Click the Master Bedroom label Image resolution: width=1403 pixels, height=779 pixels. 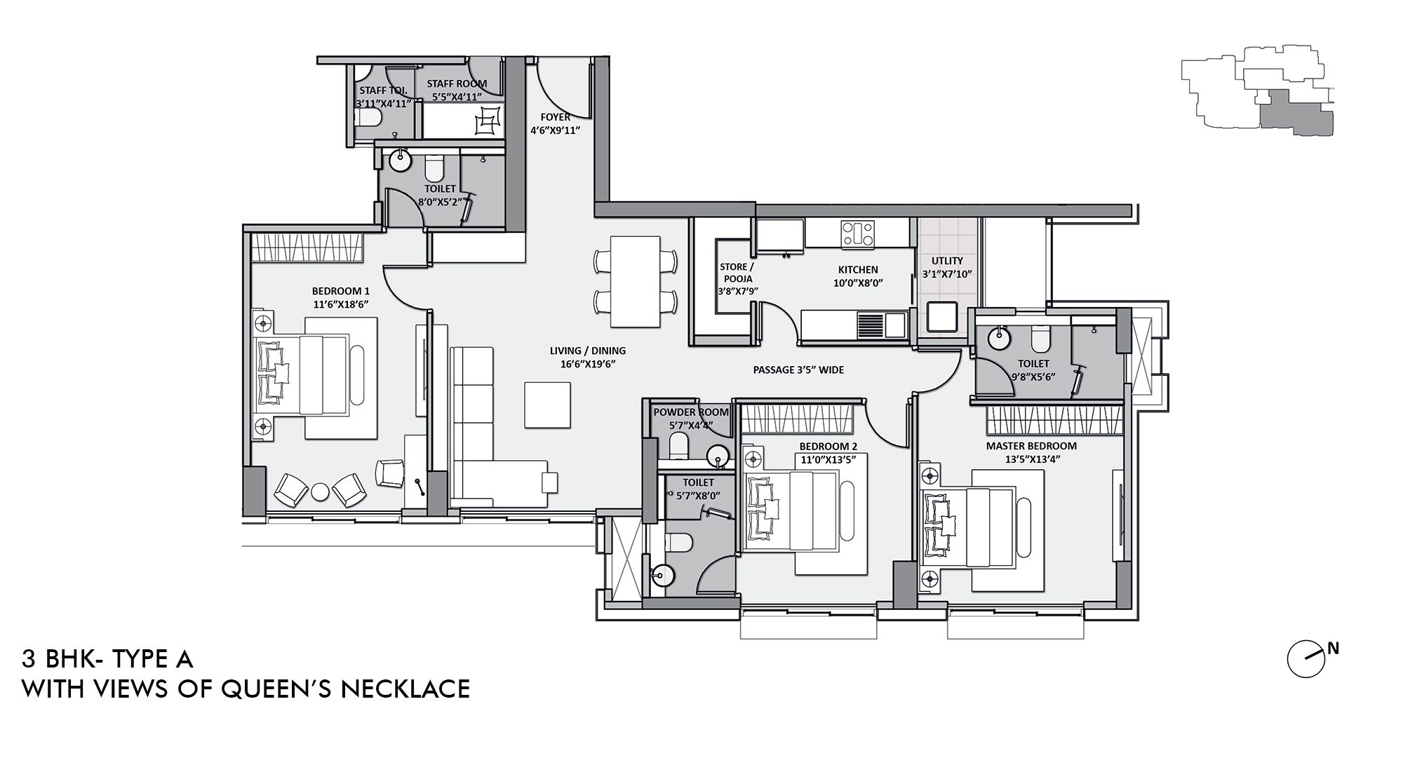1031,446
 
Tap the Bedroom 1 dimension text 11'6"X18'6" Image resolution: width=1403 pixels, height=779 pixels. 340,304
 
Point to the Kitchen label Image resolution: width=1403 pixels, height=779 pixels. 857,270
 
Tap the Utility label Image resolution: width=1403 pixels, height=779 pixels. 947,261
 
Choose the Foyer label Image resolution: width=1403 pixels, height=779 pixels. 555,117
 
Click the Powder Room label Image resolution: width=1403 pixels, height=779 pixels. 690,412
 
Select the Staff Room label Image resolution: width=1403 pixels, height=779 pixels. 457,83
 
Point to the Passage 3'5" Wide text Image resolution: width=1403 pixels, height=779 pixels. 798,370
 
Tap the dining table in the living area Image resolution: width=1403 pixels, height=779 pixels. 635,281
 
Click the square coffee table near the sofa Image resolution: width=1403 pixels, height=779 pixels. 548,404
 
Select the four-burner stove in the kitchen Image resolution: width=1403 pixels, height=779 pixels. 858,232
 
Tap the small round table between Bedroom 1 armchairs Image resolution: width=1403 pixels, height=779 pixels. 320,492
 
